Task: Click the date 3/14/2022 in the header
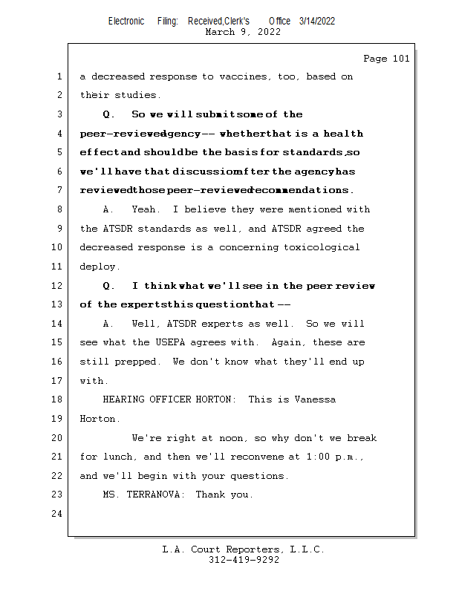317,22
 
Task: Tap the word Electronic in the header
126,22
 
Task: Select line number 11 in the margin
59,267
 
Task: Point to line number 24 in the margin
59,514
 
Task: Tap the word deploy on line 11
97,267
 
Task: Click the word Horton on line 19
97,419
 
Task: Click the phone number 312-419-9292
244,560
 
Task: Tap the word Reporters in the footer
249,549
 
